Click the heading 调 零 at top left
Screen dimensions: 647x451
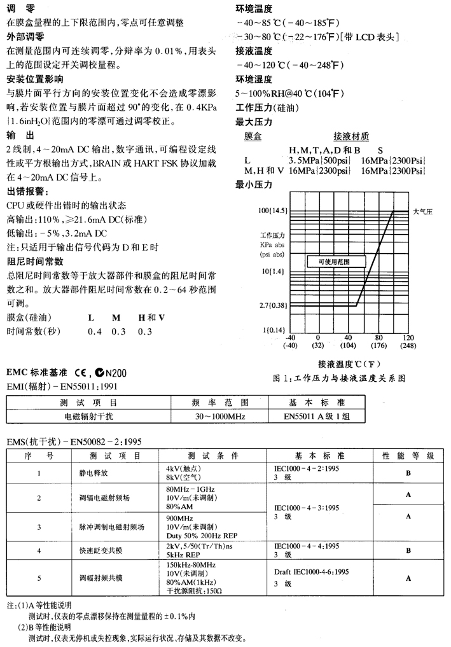[21, 8]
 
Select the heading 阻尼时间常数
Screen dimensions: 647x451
[35, 261]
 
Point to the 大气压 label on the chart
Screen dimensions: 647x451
[422, 211]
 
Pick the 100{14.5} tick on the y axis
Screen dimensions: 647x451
[274, 210]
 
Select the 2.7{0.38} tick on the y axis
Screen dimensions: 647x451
[274, 305]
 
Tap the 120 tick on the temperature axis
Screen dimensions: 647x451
[408, 337]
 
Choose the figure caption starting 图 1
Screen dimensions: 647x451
[338, 377]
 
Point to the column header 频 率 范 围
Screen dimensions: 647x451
[220, 403]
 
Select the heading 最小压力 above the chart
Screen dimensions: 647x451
[254, 185]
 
